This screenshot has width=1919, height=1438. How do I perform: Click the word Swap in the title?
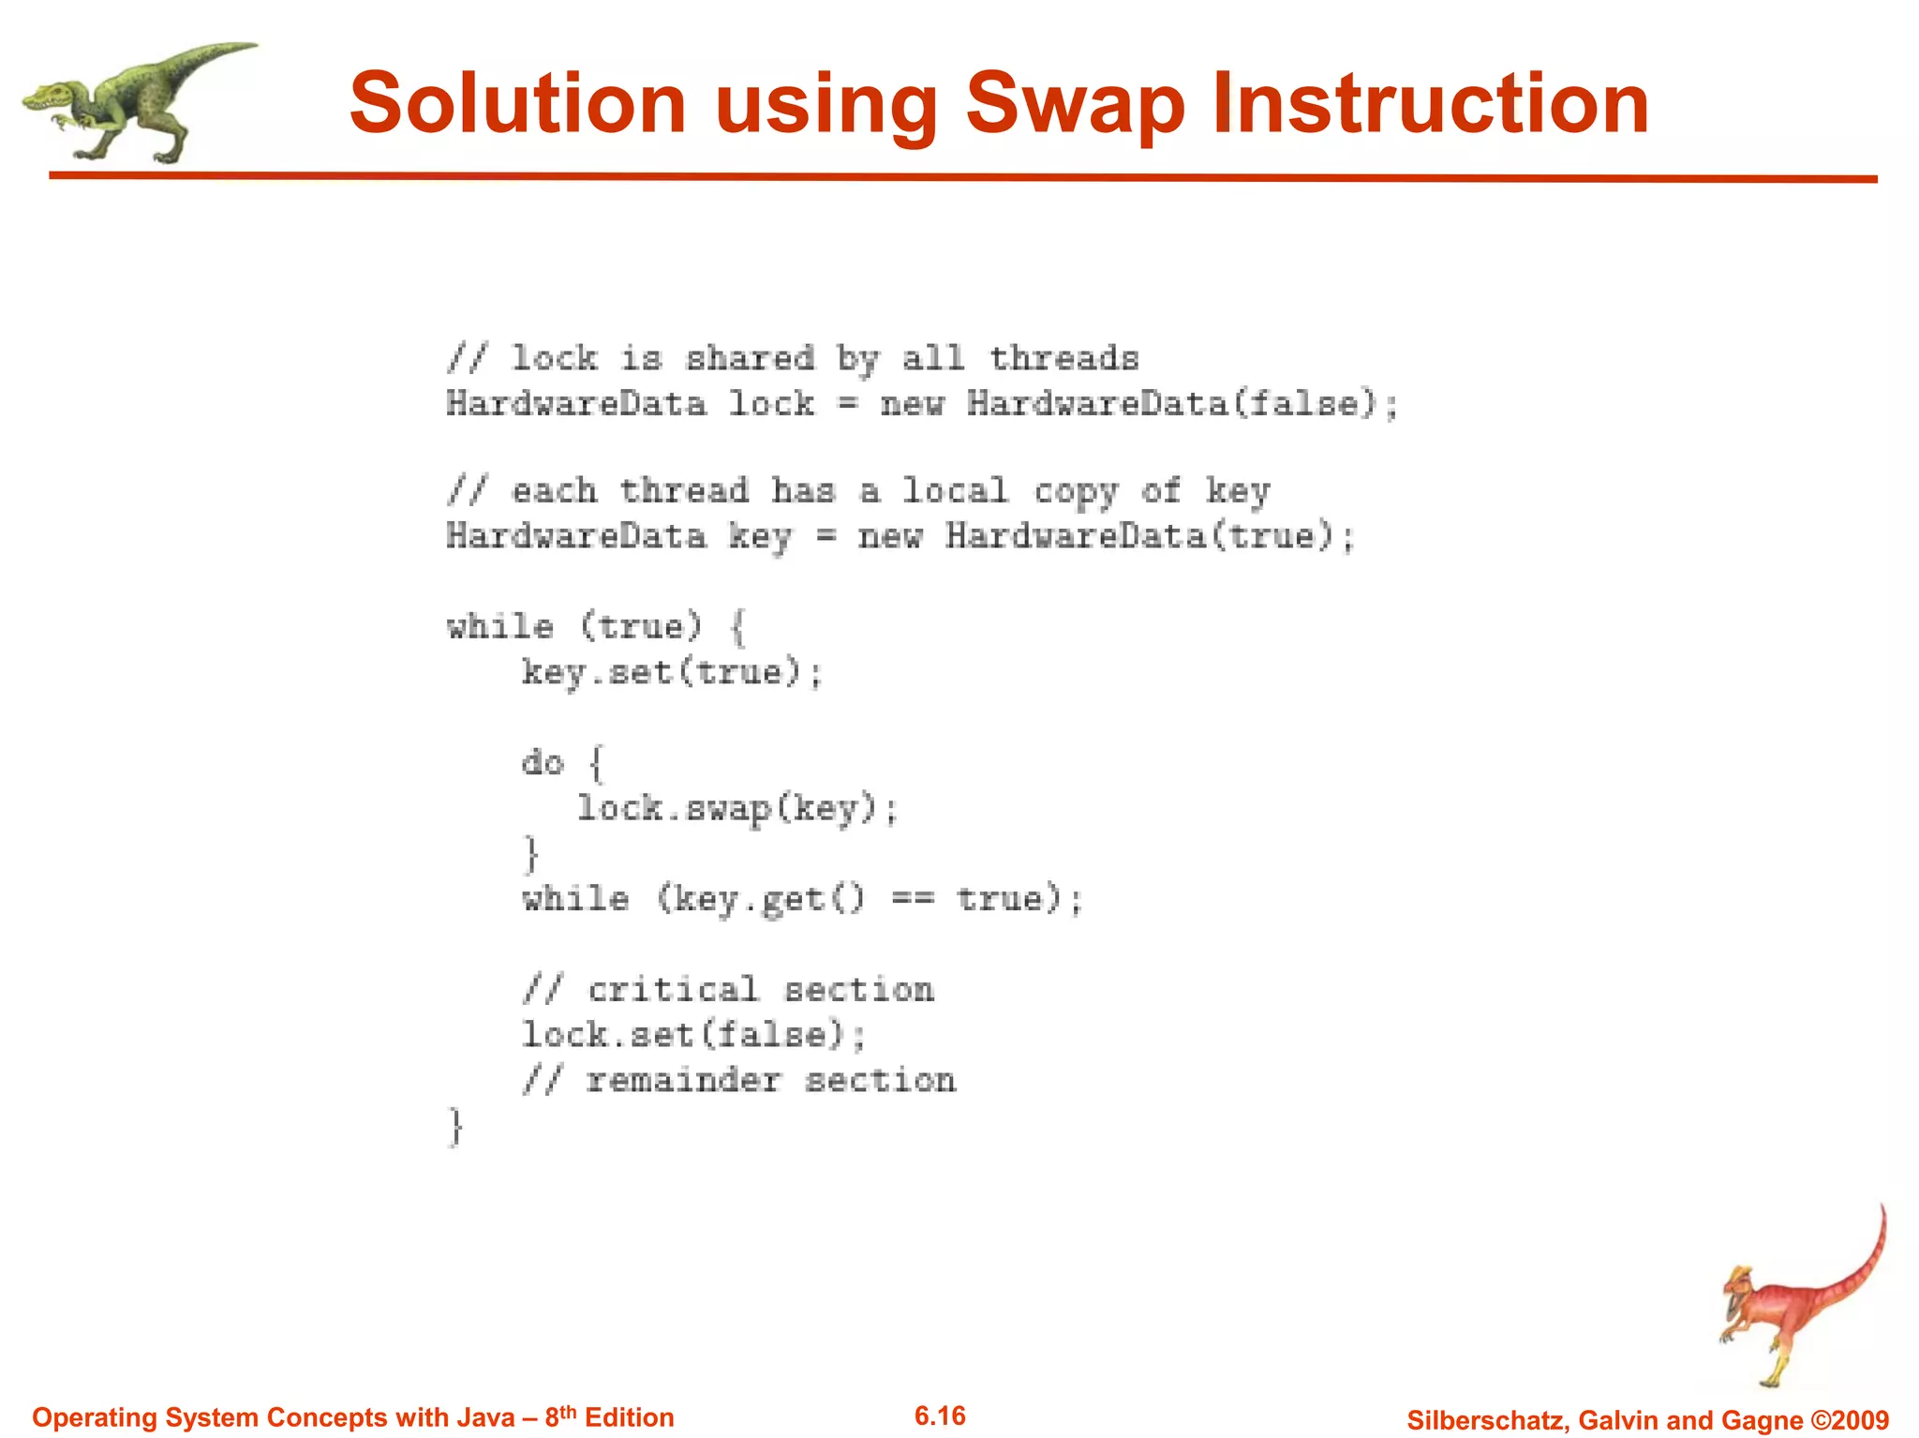coord(1075,105)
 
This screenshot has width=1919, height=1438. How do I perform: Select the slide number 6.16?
coord(940,1416)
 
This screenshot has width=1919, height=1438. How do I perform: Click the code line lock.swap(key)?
coord(736,808)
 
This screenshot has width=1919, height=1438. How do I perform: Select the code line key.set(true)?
coord(672,672)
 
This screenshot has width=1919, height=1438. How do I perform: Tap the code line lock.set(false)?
coord(693,1035)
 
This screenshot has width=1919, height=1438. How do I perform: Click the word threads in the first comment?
coord(1064,358)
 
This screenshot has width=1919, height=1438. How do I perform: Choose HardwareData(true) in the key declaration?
coord(1139,536)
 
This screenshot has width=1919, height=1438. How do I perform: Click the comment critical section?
coord(728,990)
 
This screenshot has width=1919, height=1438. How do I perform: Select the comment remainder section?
coord(738,1080)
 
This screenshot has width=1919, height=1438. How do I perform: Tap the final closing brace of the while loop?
coord(455,1125)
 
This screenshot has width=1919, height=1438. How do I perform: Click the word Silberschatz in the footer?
coord(1487,1419)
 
